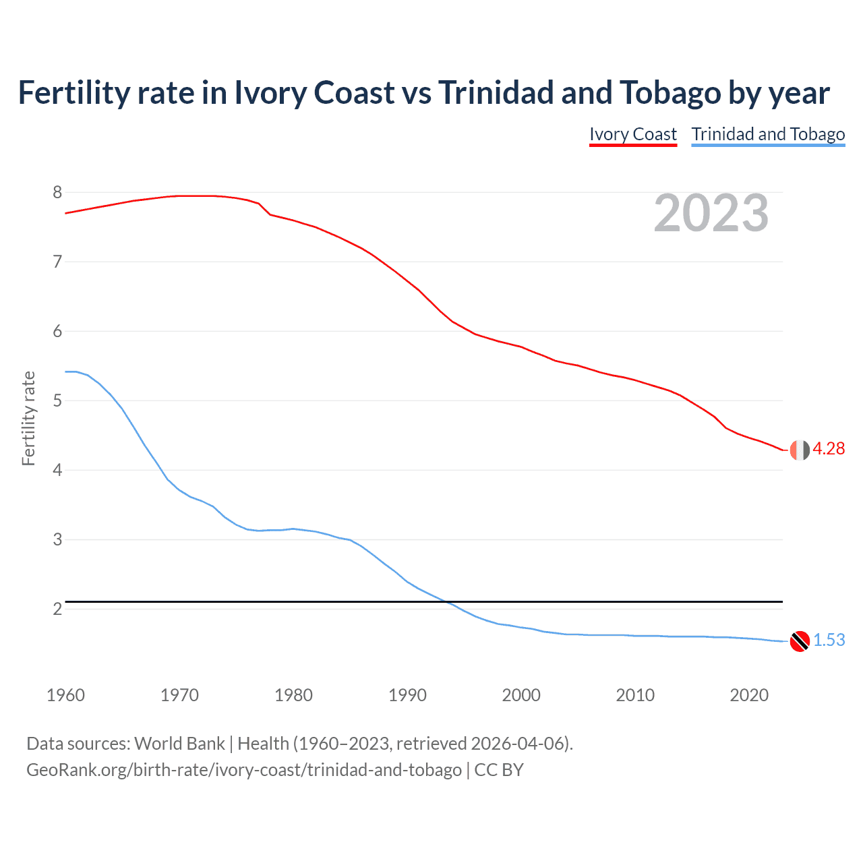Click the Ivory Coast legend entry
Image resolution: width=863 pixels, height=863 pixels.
pyautogui.click(x=632, y=134)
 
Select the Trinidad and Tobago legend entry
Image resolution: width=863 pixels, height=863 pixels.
pyautogui.click(x=768, y=134)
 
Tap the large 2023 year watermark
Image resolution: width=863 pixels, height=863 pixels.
pyautogui.click(x=711, y=213)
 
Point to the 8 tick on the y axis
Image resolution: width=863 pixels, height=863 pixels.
pyautogui.click(x=57, y=193)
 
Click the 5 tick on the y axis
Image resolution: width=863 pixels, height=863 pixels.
pyautogui.click(x=57, y=401)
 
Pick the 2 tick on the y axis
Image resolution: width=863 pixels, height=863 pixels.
pyautogui.click(x=57, y=609)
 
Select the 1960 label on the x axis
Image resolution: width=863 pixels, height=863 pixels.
pyautogui.click(x=65, y=695)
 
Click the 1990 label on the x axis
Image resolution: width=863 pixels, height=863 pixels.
pyautogui.click(x=407, y=695)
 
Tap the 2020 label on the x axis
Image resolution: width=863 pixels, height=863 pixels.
pyautogui.click(x=749, y=695)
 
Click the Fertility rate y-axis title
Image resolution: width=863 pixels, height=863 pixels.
pyautogui.click(x=28, y=418)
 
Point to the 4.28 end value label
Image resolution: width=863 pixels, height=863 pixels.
pyautogui.click(x=829, y=449)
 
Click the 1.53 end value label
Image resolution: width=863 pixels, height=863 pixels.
pyautogui.click(x=829, y=641)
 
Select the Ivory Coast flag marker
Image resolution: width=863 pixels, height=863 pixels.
pyautogui.click(x=800, y=450)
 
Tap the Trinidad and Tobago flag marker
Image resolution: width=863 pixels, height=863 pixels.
pyautogui.click(x=800, y=641)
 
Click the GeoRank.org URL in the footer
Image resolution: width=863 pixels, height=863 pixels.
pyautogui.click(x=243, y=770)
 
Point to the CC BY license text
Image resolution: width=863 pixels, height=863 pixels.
pyautogui.click(x=499, y=770)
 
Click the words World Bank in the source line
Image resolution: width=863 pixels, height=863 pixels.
pyautogui.click(x=179, y=744)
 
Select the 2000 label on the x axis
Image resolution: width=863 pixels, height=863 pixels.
pyautogui.click(x=521, y=695)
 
